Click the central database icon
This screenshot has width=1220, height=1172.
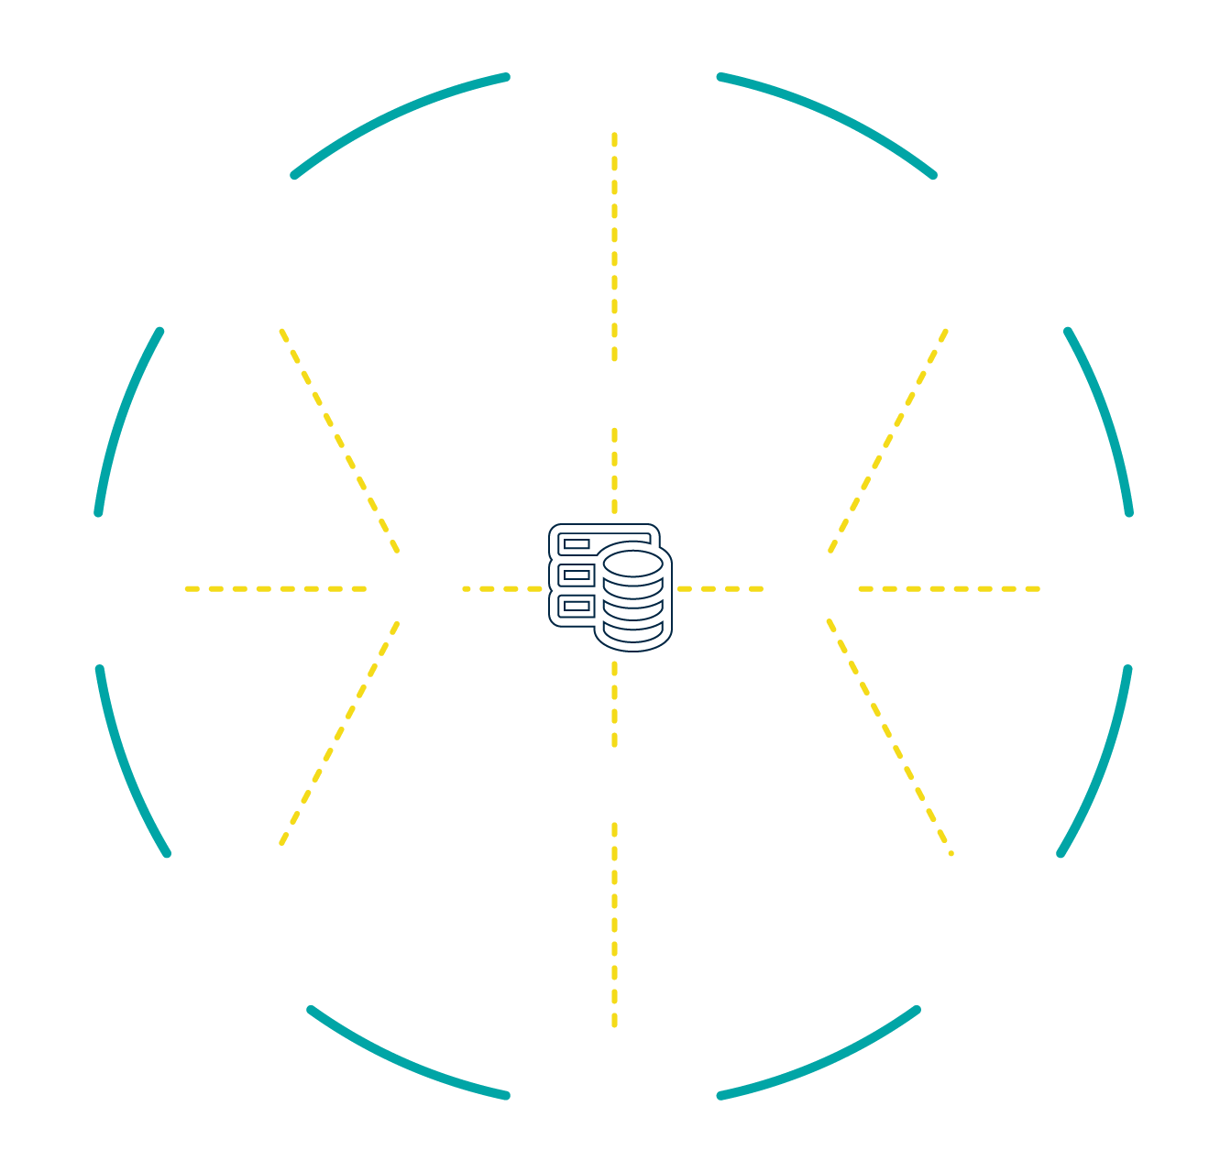610,586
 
